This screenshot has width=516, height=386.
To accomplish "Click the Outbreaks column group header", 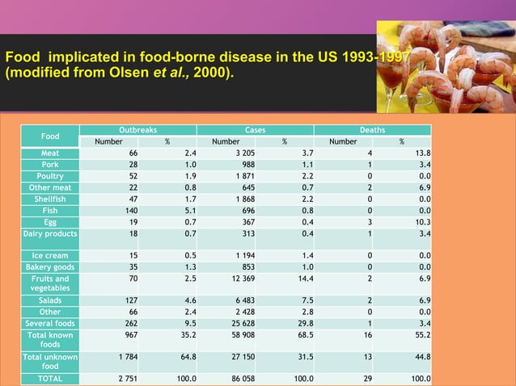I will [x=137, y=129].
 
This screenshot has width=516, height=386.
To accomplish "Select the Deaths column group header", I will [x=372, y=129].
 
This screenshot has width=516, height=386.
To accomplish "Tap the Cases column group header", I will [x=255, y=129].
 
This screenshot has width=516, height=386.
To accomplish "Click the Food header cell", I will [x=50, y=136].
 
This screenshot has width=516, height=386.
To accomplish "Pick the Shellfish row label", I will [x=50, y=199].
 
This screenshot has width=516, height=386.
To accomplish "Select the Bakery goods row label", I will [x=50, y=266].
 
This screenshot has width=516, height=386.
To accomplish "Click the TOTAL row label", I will [x=50, y=378].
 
